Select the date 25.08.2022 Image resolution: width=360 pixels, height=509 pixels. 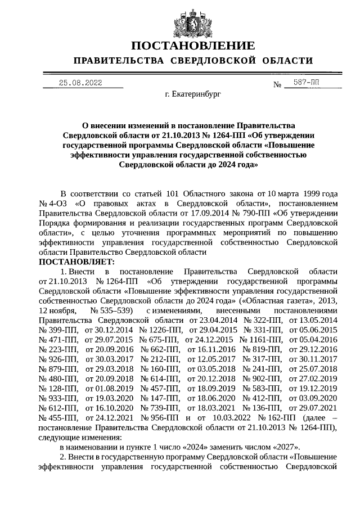click(x=80, y=83)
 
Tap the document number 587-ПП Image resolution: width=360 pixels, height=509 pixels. click(x=306, y=82)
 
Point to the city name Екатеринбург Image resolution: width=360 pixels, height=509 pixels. click(x=193, y=96)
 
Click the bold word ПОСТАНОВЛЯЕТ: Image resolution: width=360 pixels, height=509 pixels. click(x=77, y=262)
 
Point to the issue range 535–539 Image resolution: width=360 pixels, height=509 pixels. click(x=117, y=310)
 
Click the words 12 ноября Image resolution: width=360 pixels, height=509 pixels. click(x=58, y=310)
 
